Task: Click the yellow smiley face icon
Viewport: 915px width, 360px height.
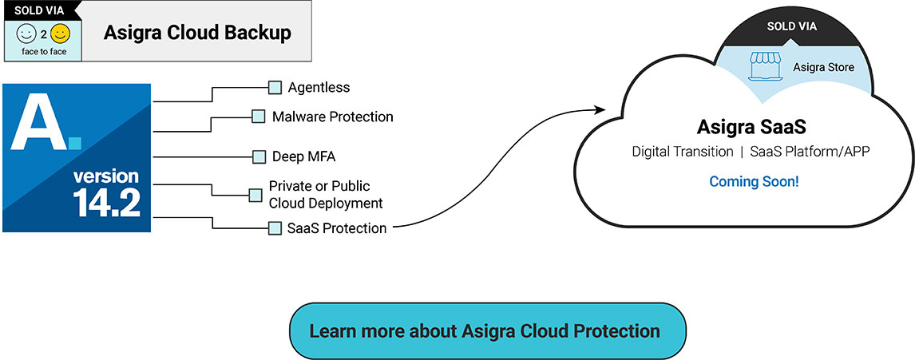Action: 60,34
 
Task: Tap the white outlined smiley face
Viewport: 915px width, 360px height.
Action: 26,34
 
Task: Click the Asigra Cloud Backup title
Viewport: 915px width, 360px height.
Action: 197,33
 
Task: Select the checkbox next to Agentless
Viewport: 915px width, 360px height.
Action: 275,88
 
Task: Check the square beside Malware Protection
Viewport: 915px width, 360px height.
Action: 259,117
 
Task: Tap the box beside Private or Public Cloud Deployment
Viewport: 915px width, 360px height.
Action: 255,195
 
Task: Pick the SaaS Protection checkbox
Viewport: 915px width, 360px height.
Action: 275,228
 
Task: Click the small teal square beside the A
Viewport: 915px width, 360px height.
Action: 75,143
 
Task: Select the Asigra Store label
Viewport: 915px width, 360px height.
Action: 823,68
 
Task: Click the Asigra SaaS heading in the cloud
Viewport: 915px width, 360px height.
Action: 754,127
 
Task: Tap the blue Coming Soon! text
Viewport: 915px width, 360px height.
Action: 754,181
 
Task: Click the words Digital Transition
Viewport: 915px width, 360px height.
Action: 683,152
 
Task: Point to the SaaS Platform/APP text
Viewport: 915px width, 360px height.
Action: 814,152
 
